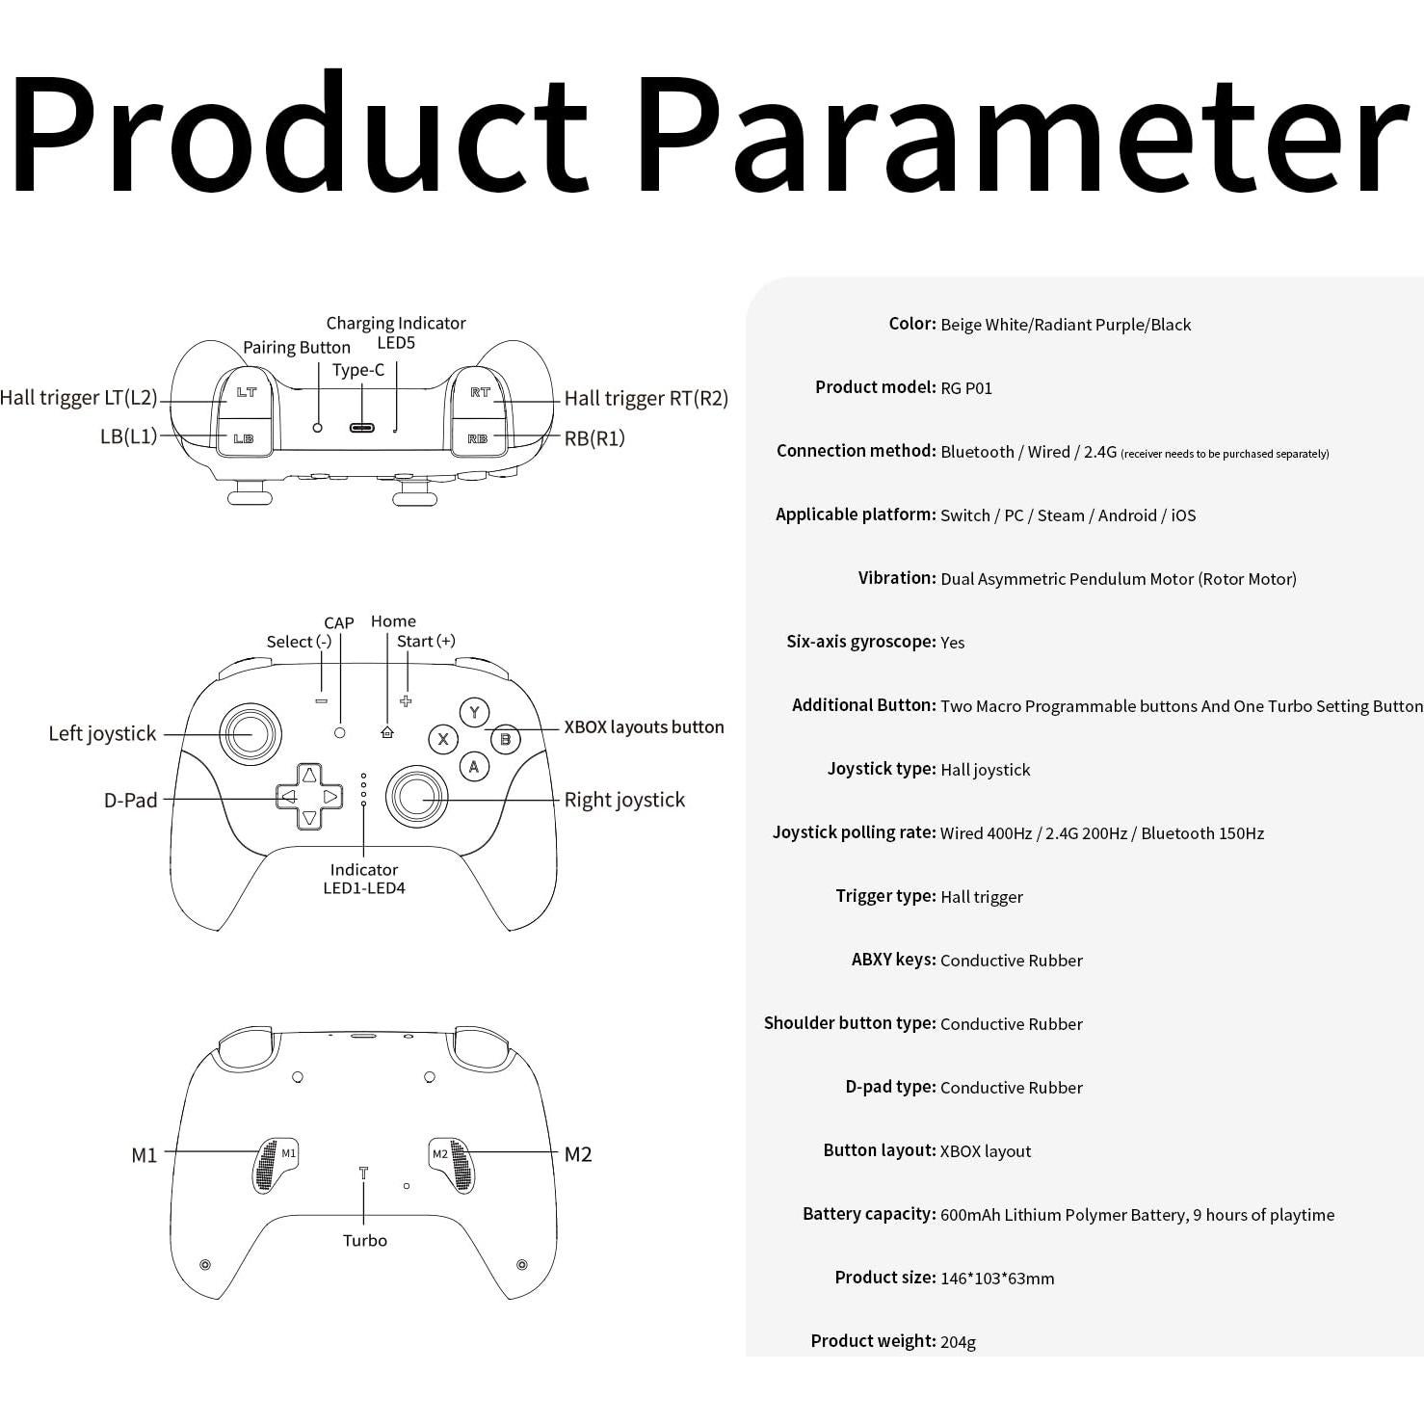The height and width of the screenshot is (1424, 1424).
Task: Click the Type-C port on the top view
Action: coord(363,428)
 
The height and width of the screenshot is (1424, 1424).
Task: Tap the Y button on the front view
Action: coord(473,712)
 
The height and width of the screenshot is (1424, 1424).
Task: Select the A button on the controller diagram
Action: coord(473,767)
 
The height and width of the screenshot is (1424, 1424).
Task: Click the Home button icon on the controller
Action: coord(387,732)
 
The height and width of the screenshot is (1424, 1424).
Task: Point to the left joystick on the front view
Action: coord(251,734)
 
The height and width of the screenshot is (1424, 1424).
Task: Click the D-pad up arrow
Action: coord(309,776)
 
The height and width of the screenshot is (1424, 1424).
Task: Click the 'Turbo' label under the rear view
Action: coord(365,1240)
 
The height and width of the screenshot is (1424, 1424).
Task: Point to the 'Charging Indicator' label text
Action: coord(395,323)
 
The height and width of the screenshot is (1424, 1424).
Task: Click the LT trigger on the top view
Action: coord(246,393)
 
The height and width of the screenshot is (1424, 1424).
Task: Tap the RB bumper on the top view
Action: coord(478,438)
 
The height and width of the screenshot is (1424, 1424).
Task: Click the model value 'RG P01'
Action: coord(966,388)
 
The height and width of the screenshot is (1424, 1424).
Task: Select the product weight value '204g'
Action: coord(958,1341)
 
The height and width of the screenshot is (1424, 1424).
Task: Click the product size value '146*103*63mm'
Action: coord(997,1279)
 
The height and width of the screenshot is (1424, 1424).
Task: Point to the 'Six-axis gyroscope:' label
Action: coord(860,642)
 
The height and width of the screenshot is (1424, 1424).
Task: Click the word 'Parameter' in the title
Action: coord(1021,135)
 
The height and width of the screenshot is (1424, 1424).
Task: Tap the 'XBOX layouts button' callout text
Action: coord(644,727)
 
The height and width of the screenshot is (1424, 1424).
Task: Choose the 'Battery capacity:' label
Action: coord(869,1214)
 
